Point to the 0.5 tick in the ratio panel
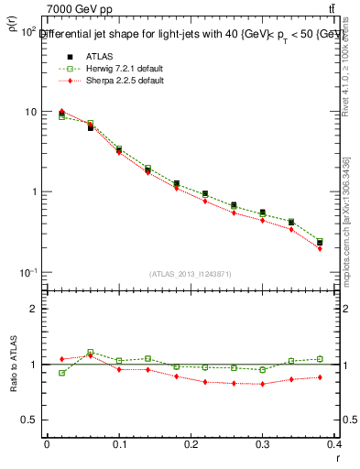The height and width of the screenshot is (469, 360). (29, 420)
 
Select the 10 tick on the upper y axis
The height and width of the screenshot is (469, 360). (29, 112)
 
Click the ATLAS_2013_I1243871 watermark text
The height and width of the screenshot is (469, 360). (191, 274)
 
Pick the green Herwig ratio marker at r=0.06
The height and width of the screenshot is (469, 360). (90, 352)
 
